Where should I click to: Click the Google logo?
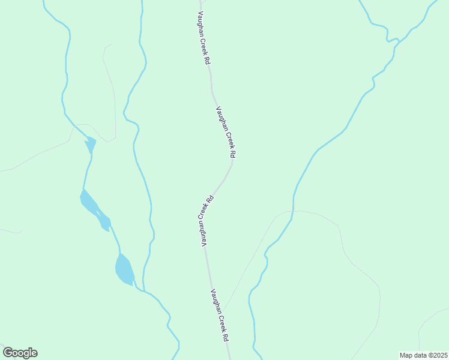click(20, 353)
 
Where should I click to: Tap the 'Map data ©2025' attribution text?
click(423, 355)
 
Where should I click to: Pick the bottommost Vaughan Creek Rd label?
click(219, 316)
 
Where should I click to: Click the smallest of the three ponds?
click(91, 145)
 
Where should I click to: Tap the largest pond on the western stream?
click(124, 269)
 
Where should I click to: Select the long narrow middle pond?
click(95, 209)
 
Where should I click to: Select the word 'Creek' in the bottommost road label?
click(220, 322)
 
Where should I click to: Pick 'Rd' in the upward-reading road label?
click(211, 198)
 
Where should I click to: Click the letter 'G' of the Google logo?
click(8, 353)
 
